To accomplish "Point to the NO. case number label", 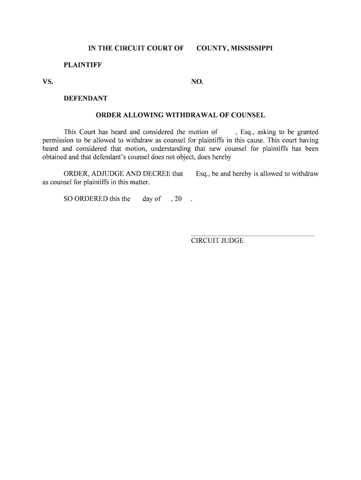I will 197,82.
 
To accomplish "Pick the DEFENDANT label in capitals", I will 85,98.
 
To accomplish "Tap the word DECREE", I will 155,174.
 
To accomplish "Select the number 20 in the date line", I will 178,199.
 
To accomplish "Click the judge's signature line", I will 252,235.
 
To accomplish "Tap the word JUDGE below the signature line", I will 229,241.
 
